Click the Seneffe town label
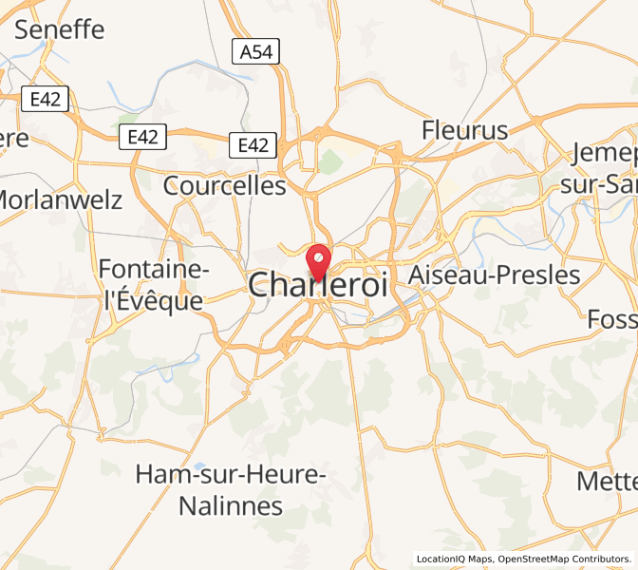coord(60,29)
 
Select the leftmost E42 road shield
coord(45,98)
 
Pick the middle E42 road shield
coord(142,137)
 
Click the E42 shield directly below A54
coord(253,145)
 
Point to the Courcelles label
coord(224,185)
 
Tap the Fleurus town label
coord(465,130)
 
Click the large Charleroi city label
coord(318,285)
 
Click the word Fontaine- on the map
coord(154,270)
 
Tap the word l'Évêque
coord(154,301)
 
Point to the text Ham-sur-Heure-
coord(232,473)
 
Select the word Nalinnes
coord(232,504)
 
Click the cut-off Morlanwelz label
coord(60,199)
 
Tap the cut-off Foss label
coord(613,318)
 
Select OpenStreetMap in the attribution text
coord(535,559)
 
